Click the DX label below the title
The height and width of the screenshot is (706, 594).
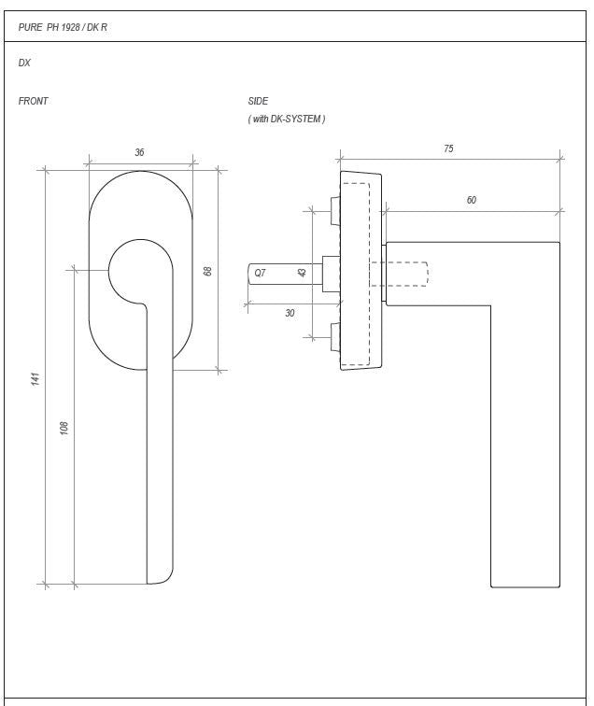pyautogui.click(x=24, y=63)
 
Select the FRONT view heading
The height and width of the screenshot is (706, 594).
pyautogui.click(x=34, y=101)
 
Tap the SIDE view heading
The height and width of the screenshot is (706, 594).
pyautogui.click(x=258, y=101)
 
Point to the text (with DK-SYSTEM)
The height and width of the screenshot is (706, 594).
pyautogui.click(x=286, y=119)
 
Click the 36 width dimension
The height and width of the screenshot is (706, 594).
pyautogui.click(x=139, y=152)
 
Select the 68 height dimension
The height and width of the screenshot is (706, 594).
pyautogui.click(x=207, y=271)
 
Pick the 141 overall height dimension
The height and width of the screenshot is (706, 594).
pyautogui.click(x=35, y=378)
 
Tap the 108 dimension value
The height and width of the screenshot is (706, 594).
pyautogui.click(x=64, y=428)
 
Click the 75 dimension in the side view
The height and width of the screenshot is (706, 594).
pyautogui.click(x=448, y=148)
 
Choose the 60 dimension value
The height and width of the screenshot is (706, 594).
pyautogui.click(x=471, y=200)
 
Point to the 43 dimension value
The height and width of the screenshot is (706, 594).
pyautogui.click(x=302, y=273)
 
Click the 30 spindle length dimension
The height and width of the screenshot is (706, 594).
pyautogui.click(x=290, y=313)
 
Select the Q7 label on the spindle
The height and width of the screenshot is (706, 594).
pyautogui.click(x=260, y=273)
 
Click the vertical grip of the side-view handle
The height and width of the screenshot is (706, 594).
pyautogui.click(x=525, y=448)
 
